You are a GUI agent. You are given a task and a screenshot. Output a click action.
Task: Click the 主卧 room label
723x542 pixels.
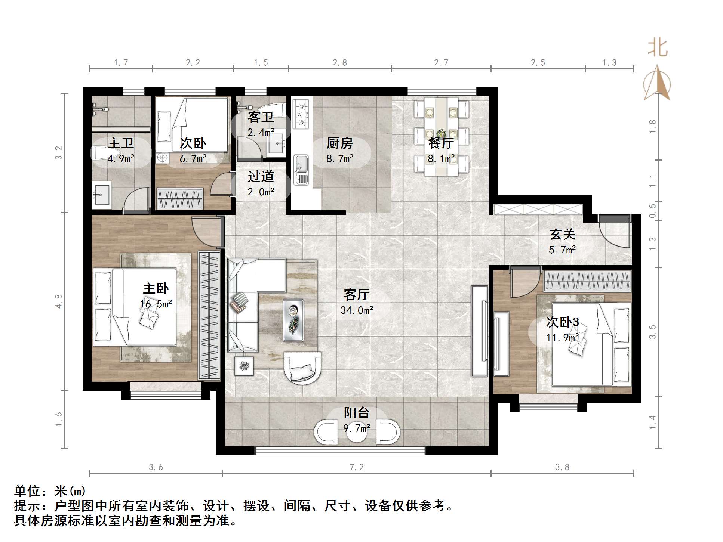156,288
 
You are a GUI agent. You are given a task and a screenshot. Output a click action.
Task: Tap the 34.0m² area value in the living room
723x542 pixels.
357,310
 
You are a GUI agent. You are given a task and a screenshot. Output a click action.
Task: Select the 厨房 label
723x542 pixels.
339,143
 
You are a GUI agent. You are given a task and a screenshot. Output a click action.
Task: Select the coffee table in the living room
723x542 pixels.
293,320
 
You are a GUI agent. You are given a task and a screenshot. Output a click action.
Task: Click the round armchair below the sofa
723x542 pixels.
302,368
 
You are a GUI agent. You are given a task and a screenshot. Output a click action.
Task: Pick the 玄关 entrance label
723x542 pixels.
562,235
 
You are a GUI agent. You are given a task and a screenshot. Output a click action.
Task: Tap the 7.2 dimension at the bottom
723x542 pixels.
357,467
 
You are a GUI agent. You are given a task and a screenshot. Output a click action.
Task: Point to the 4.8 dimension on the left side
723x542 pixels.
59,301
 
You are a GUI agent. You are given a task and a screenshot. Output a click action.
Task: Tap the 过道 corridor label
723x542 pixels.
261,176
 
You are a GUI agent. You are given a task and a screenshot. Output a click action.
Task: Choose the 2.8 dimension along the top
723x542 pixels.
340,63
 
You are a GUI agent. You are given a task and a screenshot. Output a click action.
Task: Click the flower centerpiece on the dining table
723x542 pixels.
442,133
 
